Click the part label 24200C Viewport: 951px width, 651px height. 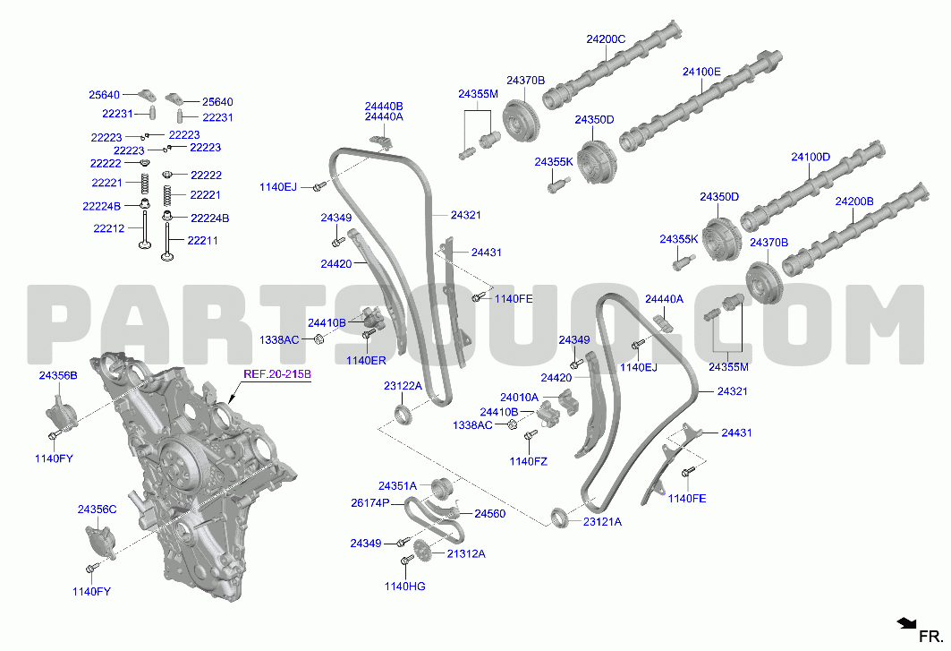[606, 39]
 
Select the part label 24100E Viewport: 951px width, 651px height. [701, 72]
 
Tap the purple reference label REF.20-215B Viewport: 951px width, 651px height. [277, 374]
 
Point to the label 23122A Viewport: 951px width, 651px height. [403, 386]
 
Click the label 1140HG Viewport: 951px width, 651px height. [404, 586]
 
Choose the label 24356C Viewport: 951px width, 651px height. [97, 510]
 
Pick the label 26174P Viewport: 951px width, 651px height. [370, 503]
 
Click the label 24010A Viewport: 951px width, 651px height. [519, 398]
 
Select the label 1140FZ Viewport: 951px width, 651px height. [528, 461]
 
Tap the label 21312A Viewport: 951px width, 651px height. [466, 553]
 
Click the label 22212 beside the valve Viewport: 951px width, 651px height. [109, 228]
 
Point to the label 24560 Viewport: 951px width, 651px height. [489, 514]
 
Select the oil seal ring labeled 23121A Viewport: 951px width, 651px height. [559, 516]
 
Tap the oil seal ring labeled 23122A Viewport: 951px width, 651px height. [403, 415]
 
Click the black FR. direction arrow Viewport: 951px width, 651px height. [907, 623]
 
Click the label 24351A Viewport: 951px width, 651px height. [398, 486]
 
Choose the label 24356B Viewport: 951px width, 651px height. [58, 376]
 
